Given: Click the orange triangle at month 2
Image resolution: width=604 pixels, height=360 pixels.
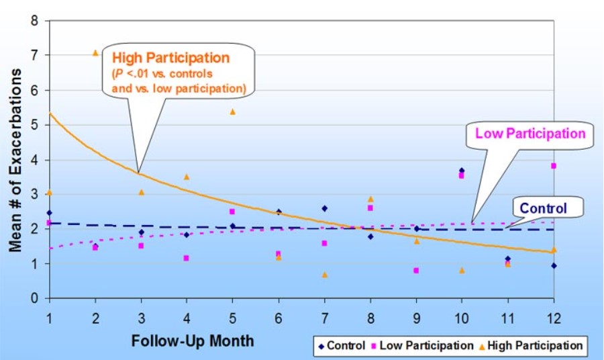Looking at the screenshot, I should tap(95, 52).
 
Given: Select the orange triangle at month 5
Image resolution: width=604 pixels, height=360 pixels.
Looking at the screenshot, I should tap(232, 111).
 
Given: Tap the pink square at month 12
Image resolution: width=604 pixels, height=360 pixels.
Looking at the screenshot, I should tap(553, 166).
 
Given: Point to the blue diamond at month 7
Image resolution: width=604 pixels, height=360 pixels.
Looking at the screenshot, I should tap(324, 209).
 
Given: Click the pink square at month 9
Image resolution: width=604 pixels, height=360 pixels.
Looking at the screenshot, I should tap(416, 271).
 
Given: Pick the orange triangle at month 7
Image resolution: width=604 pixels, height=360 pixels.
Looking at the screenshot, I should tap(324, 274).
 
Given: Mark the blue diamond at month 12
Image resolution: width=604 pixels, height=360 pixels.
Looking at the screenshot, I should tap(553, 265).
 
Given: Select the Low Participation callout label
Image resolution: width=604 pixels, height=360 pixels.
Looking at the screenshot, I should tap(531, 133).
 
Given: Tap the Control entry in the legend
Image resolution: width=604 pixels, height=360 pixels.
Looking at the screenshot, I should tap(340, 346).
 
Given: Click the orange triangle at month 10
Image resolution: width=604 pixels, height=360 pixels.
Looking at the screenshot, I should tap(461, 270).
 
